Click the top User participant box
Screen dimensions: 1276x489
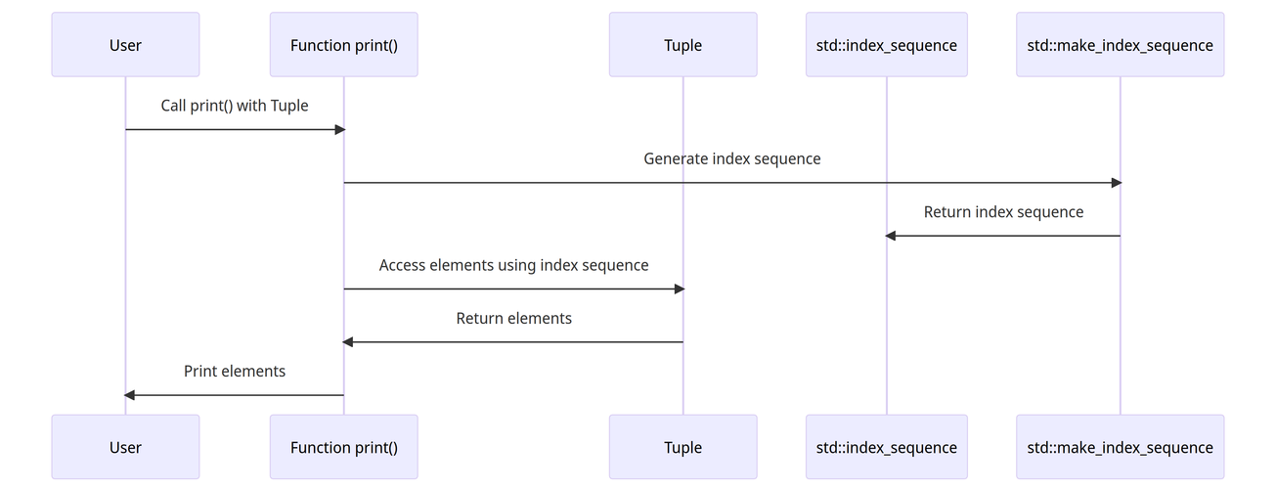point(125,44)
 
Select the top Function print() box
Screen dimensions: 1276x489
point(343,44)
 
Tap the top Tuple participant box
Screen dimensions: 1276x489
point(683,44)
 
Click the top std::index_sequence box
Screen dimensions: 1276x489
point(887,44)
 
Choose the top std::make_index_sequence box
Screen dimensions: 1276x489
point(1120,44)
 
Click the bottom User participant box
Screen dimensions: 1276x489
point(125,447)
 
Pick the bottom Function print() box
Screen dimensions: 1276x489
point(343,447)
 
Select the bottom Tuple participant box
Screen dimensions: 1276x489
point(683,447)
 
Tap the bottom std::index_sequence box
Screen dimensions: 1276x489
point(887,447)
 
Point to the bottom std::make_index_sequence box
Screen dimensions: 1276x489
point(1120,447)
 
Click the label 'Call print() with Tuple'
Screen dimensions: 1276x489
point(234,106)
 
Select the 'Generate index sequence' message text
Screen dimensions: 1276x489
point(732,159)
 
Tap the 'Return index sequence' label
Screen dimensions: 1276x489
point(1003,212)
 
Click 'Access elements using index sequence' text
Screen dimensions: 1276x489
point(513,265)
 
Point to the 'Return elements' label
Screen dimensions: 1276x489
point(513,318)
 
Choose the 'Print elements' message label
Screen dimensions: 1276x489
point(234,371)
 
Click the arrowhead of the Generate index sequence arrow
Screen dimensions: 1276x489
point(1117,183)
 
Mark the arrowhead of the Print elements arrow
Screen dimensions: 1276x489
point(129,395)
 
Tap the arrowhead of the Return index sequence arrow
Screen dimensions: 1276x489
point(891,236)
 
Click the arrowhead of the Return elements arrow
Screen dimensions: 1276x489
point(347,342)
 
